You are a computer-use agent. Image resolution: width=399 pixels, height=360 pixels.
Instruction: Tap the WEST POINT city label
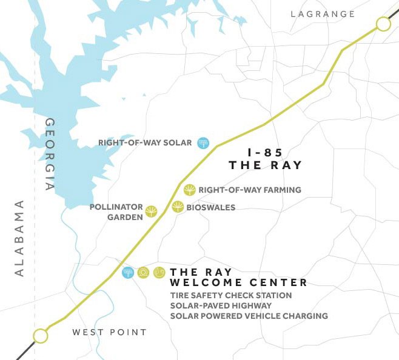[x=109, y=332]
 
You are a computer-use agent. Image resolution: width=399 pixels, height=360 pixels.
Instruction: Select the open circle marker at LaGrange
[x=383, y=24]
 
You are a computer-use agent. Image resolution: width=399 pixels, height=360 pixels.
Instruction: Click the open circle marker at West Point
[x=40, y=335]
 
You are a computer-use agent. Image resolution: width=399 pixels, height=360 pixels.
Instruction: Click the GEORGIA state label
[x=51, y=155]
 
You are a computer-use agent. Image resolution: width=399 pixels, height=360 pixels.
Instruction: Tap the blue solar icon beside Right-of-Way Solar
[x=203, y=143]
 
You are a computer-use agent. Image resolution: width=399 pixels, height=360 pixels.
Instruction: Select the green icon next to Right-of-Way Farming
[x=190, y=190]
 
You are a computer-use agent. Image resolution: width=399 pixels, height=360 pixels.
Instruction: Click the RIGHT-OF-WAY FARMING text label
[x=250, y=190]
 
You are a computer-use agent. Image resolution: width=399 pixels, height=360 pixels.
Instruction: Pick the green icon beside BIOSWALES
[x=178, y=207]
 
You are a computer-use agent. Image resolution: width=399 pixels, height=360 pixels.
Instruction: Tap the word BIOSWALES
[x=212, y=207]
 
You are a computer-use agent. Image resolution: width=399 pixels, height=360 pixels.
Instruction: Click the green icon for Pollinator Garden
[x=151, y=212]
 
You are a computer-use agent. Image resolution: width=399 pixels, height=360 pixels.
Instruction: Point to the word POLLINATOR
[x=115, y=207]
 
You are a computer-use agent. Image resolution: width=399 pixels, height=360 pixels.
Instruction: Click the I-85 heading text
[x=265, y=153]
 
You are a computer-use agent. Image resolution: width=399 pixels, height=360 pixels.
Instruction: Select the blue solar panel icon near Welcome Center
[x=128, y=273]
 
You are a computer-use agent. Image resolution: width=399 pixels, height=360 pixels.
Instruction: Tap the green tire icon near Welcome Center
[x=144, y=273]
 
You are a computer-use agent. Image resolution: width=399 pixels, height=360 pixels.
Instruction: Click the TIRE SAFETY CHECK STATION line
[x=231, y=296]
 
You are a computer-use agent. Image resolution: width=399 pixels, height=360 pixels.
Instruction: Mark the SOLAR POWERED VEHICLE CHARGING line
[x=249, y=316]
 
